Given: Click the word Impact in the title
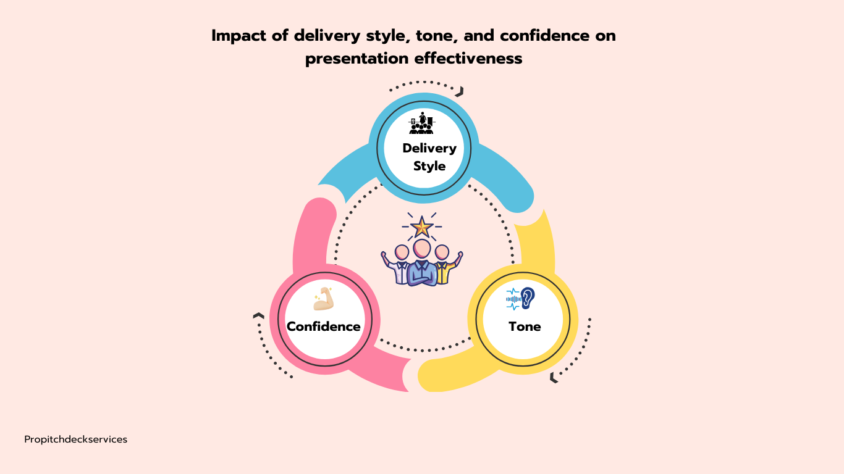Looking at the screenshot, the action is (x=237, y=36).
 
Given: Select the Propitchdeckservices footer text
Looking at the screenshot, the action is (x=76, y=439).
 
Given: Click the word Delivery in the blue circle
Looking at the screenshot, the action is (x=429, y=148).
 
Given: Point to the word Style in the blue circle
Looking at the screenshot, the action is (x=429, y=166).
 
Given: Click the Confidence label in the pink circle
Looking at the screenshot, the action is (x=323, y=326).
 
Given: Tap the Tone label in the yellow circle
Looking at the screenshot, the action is (x=525, y=326).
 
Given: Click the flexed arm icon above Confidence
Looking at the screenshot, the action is (x=323, y=299).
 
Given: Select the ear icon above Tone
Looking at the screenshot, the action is (x=526, y=298).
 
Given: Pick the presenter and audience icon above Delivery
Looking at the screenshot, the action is (x=421, y=123).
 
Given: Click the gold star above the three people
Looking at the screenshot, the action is (x=422, y=227).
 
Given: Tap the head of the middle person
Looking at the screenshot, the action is (x=422, y=249).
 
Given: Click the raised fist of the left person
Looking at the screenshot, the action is (x=384, y=254).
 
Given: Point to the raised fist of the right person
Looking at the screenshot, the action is (x=460, y=254).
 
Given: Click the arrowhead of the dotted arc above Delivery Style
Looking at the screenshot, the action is (x=460, y=92).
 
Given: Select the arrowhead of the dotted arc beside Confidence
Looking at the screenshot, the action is (x=258, y=316).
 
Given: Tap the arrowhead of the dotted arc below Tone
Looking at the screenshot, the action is (x=554, y=378).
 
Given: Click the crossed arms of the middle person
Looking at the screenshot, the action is (x=422, y=272).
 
